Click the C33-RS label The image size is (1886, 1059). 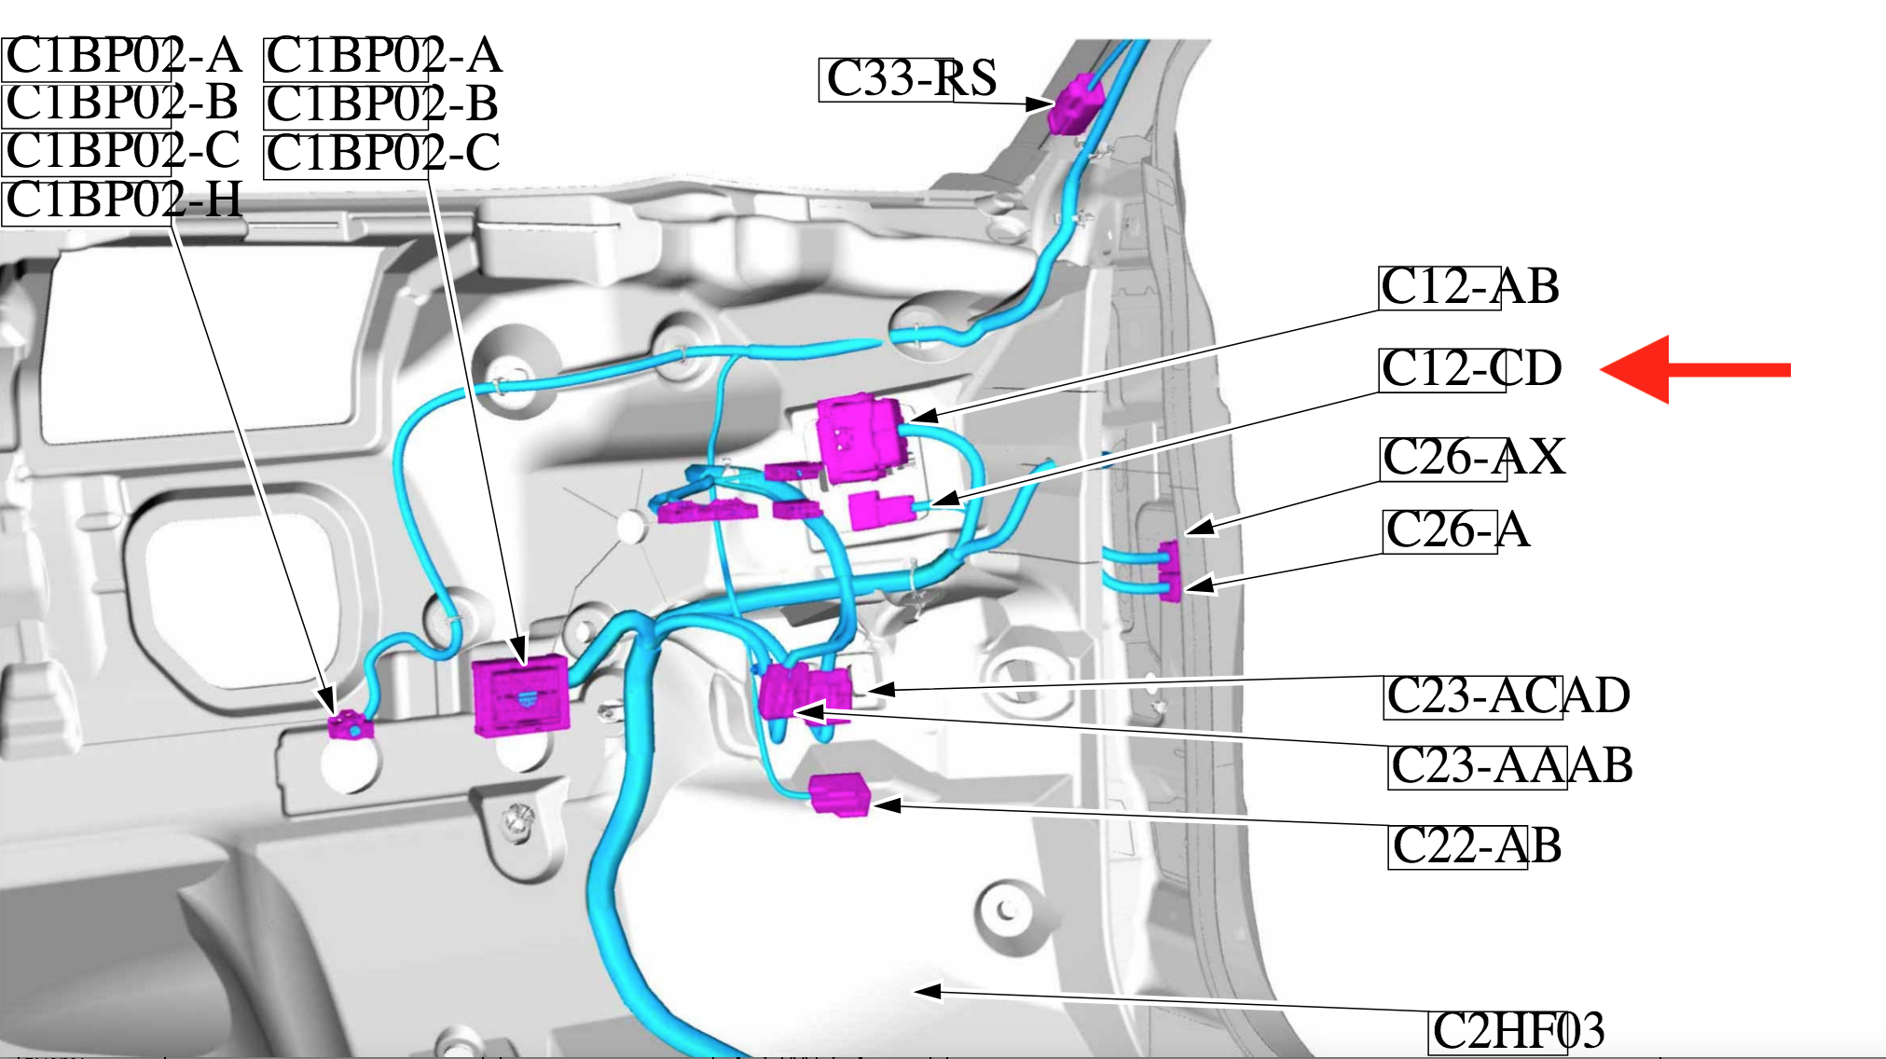click(x=911, y=78)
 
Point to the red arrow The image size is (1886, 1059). click(x=1694, y=370)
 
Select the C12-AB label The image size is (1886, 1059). click(x=1469, y=287)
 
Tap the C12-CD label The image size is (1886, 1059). click(x=1470, y=369)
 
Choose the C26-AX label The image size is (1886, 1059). click(x=1472, y=458)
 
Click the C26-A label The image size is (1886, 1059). click(x=1456, y=530)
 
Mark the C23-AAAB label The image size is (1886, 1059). click(x=1510, y=766)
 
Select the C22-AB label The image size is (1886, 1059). click(x=1476, y=846)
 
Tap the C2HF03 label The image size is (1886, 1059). click(x=1518, y=1031)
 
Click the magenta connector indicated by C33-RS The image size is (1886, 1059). click(x=1075, y=104)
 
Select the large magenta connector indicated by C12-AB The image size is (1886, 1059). click(x=860, y=438)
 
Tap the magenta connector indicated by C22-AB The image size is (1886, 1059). click(x=839, y=795)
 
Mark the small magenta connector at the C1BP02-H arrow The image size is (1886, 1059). click(x=350, y=724)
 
